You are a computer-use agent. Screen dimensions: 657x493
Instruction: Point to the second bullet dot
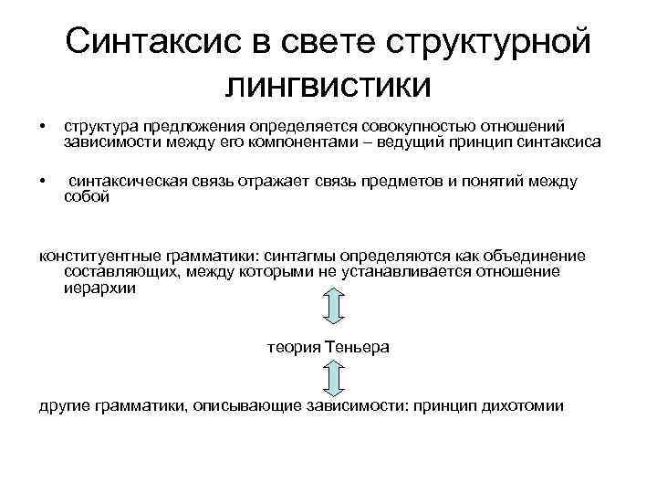(x=42, y=182)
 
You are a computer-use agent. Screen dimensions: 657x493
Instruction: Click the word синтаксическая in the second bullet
(x=128, y=182)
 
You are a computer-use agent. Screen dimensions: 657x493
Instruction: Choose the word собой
(x=87, y=196)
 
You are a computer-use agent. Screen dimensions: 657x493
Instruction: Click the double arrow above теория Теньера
(x=333, y=308)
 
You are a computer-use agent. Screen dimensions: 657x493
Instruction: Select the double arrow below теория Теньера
(x=333, y=376)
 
